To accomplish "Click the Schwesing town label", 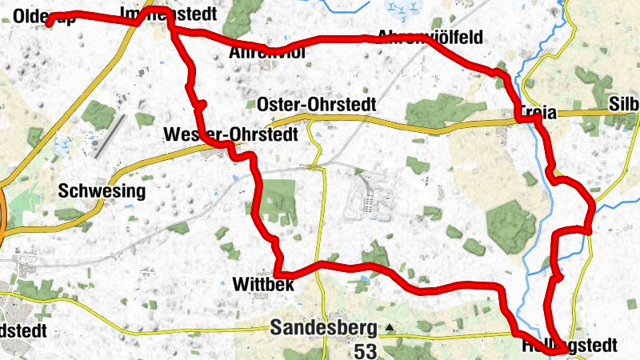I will click(102, 191).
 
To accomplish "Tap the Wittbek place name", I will click(264, 285).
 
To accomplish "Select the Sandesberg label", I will click(323, 327).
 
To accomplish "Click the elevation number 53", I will click(365, 350).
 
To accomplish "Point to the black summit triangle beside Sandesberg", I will click(390, 327).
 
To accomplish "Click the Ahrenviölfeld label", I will click(430, 36).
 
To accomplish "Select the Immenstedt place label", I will click(168, 14).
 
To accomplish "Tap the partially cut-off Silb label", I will click(624, 104).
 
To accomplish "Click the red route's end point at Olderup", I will click(49, 24).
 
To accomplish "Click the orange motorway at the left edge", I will click(2, 216).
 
